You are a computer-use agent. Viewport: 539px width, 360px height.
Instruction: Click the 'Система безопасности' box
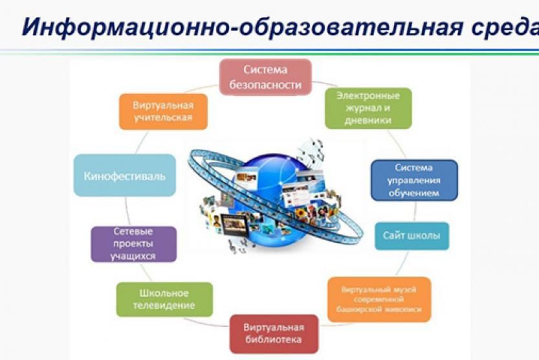(x=265, y=77)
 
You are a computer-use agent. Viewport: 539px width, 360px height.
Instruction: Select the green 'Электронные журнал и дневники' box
(x=368, y=108)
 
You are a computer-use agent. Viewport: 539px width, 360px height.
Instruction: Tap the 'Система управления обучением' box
(x=414, y=180)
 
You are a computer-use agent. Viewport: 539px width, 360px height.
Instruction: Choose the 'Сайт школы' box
(x=412, y=236)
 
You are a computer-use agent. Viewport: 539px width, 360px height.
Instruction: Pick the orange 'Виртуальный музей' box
(x=379, y=300)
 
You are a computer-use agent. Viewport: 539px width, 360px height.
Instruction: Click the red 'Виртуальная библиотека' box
(x=274, y=334)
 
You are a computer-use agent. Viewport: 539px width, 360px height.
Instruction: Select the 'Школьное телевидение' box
(x=164, y=300)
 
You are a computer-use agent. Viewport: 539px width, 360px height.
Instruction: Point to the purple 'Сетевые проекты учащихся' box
(x=133, y=244)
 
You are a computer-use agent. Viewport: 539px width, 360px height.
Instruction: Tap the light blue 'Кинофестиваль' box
(x=125, y=175)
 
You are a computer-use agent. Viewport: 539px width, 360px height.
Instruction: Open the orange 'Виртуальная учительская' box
(x=163, y=111)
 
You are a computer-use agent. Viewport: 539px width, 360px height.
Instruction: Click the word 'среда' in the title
(x=505, y=27)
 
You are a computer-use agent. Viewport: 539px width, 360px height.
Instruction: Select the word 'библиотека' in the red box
(x=274, y=340)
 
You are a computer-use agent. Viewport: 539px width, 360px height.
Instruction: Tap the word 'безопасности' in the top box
(x=265, y=85)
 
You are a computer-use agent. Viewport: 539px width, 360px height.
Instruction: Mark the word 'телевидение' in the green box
(x=164, y=306)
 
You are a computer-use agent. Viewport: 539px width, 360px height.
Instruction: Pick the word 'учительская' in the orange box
(x=163, y=118)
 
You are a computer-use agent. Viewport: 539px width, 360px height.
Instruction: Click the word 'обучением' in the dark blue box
(x=414, y=193)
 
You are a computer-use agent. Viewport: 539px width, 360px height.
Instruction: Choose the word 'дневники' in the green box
(x=368, y=120)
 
